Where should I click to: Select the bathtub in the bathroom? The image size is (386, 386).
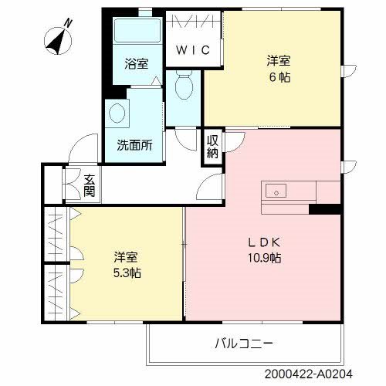coord(136,33)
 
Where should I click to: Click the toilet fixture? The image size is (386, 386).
coord(183,86)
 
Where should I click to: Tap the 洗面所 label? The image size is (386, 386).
coord(134,144)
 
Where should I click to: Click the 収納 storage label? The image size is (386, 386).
coord(212,147)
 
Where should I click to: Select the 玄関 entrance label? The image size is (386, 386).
coord(89,185)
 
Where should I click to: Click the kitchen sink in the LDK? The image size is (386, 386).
coord(276,190)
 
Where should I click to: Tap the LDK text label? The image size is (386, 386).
coord(262,241)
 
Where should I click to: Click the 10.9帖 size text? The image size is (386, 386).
coord(263,257)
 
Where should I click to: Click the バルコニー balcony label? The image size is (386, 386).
coord(244,342)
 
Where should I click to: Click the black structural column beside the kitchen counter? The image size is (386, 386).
coord(324,208)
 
